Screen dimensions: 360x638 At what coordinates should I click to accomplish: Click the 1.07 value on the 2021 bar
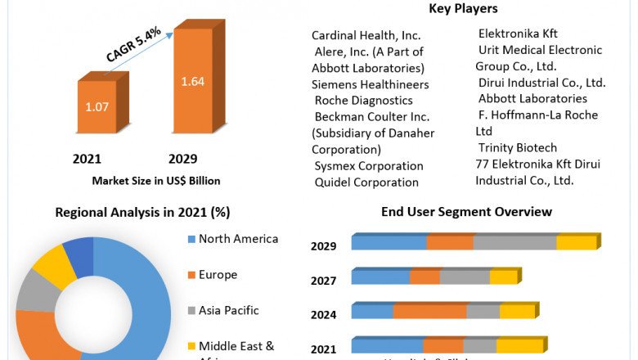pyautogui.click(x=97, y=106)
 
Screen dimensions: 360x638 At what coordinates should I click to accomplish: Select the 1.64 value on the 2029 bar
pyautogui.click(x=193, y=82)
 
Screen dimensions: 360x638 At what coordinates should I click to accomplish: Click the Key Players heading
pyautogui.click(x=462, y=9)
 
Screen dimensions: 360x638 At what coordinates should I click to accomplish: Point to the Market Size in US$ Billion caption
pyautogui.click(x=155, y=180)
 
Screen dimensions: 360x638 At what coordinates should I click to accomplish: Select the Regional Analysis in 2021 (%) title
pyautogui.click(x=142, y=212)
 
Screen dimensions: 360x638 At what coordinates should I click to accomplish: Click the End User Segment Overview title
pyautogui.click(x=466, y=212)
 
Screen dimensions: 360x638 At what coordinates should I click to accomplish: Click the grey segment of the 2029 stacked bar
pyautogui.click(x=514, y=242)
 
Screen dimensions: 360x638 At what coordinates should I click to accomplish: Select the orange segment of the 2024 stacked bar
pyautogui.click(x=429, y=311)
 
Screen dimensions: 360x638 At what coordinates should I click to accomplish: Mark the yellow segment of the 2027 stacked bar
pyautogui.click(x=503, y=277)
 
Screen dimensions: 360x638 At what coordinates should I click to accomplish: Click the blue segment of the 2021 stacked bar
pyautogui.click(x=387, y=345)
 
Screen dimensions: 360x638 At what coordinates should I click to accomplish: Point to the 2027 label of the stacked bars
pyautogui.click(x=324, y=281)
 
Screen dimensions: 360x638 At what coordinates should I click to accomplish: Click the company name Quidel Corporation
pyautogui.click(x=366, y=182)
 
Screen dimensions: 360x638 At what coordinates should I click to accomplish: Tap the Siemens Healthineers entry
pyautogui.click(x=371, y=84)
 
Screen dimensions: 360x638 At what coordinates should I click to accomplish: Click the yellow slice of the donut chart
pyautogui.click(x=55, y=266)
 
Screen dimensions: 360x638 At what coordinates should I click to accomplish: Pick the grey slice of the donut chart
pyautogui.click(x=34, y=290)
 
